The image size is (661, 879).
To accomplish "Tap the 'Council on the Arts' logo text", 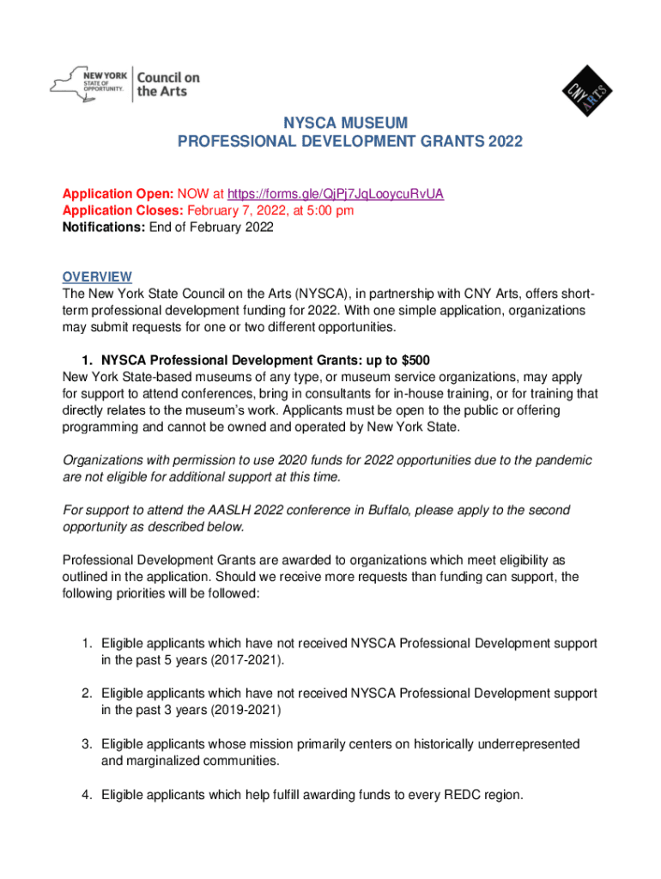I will tap(168, 84).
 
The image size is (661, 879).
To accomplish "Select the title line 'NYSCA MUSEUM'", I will tap(349, 123).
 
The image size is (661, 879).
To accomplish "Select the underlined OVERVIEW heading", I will tap(97, 276).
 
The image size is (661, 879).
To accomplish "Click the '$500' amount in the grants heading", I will tap(412, 360).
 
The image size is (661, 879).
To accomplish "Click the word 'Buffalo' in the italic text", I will tap(394, 510).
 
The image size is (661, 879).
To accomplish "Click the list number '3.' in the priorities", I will tap(88, 744).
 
